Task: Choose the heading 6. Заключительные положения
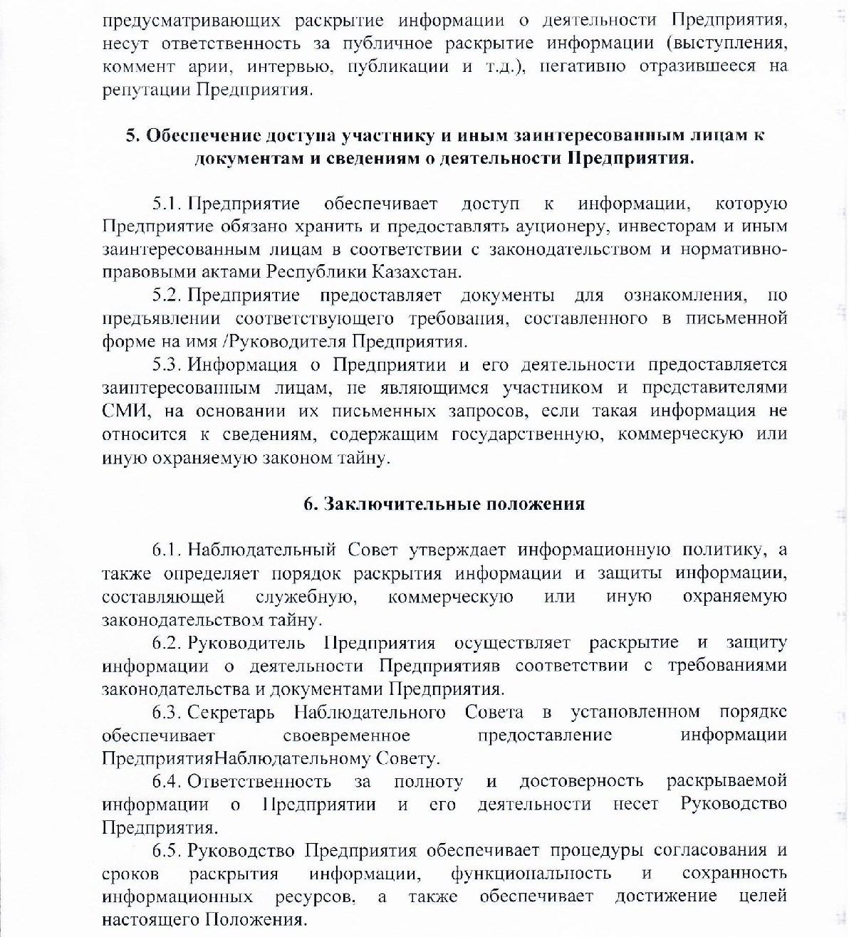pos(444,504)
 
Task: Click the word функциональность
pos(531,874)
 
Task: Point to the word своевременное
pos(346,736)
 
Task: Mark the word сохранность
pos(734,874)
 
